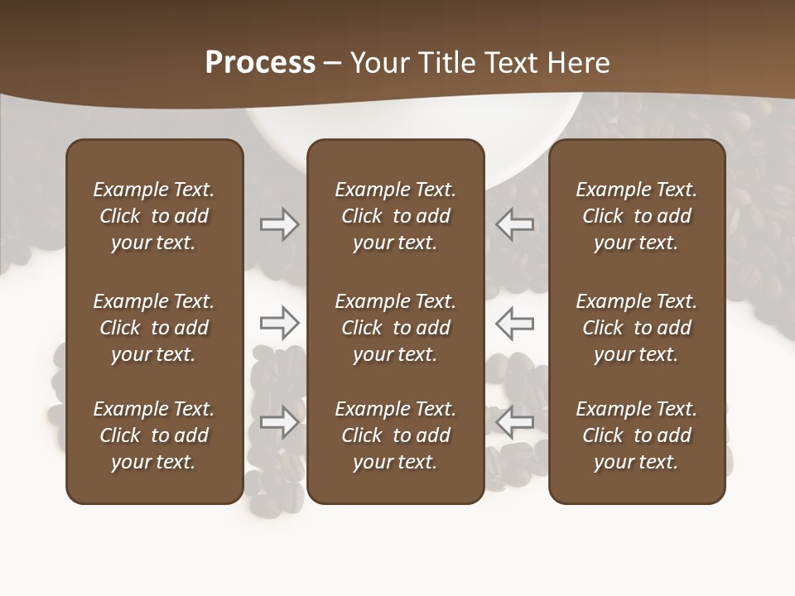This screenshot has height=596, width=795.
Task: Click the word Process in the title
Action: (260, 63)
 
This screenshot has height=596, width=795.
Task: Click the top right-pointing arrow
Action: (280, 224)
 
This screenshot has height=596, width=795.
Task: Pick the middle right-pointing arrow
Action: (280, 323)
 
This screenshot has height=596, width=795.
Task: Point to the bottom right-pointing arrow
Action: (280, 422)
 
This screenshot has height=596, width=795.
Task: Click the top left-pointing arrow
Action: (514, 224)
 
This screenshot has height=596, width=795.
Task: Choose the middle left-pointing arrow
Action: (514, 323)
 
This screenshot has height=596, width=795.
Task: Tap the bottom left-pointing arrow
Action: (514, 422)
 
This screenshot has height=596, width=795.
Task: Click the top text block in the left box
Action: (154, 216)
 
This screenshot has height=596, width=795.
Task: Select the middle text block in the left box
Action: (154, 328)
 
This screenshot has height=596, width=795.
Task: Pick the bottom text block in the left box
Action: (154, 435)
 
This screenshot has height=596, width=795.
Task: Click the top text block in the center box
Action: (395, 216)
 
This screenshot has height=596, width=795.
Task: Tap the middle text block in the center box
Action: (395, 328)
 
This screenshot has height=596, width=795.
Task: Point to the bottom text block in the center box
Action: (395, 435)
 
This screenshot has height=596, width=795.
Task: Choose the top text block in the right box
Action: (636, 216)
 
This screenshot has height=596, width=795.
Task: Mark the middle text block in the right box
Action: (636, 328)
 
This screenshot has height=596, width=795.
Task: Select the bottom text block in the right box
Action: (636, 435)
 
